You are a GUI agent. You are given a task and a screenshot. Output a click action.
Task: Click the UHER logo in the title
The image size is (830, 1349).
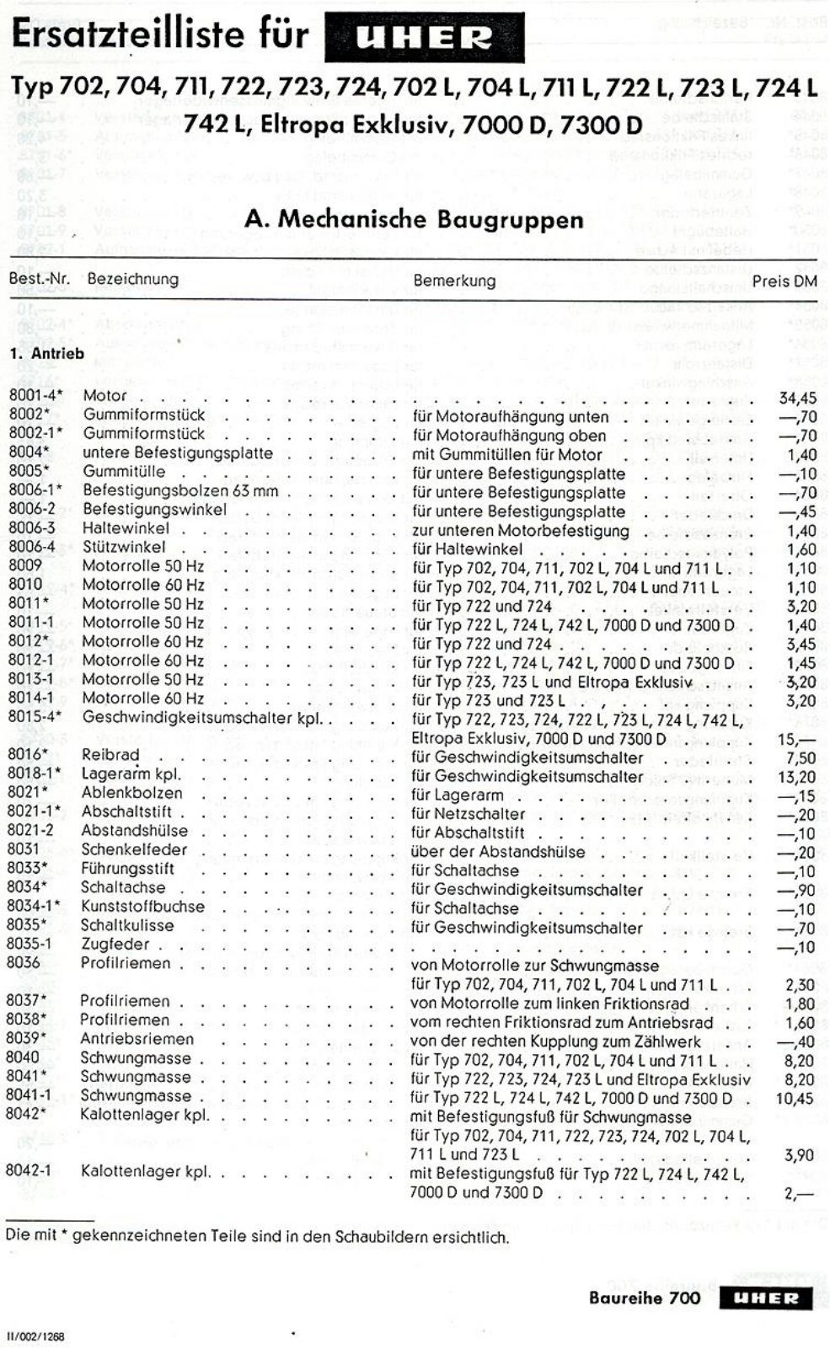(424, 38)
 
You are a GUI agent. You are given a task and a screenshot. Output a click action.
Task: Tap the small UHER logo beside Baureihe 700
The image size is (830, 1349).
(765, 1298)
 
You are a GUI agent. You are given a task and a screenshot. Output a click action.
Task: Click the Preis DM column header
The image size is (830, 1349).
(784, 281)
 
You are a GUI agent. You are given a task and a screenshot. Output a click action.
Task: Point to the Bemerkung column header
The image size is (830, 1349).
(454, 280)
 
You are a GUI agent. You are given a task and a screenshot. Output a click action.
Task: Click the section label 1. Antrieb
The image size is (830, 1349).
(47, 354)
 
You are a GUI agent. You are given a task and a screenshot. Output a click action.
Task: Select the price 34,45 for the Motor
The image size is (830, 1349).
(796, 398)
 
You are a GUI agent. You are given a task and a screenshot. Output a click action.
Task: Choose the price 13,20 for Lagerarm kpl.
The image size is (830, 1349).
(796, 777)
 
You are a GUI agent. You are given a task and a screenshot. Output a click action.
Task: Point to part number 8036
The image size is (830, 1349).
(24, 962)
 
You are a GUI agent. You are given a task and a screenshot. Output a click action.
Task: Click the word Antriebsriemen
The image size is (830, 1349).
(137, 1038)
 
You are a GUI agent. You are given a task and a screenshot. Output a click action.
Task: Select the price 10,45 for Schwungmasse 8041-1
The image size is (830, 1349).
(795, 1098)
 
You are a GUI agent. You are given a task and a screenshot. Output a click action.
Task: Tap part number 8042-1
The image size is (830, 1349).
(29, 1170)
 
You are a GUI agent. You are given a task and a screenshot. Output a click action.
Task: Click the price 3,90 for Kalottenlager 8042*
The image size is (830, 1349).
(799, 1155)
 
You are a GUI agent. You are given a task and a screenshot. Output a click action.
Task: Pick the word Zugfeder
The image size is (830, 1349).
(115, 944)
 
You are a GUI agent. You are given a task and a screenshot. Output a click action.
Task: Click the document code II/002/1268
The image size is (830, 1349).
(36, 1336)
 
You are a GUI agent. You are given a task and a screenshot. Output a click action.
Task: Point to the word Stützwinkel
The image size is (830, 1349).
(124, 548)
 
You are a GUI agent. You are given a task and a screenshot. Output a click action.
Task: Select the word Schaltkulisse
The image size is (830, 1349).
(127, 925)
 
